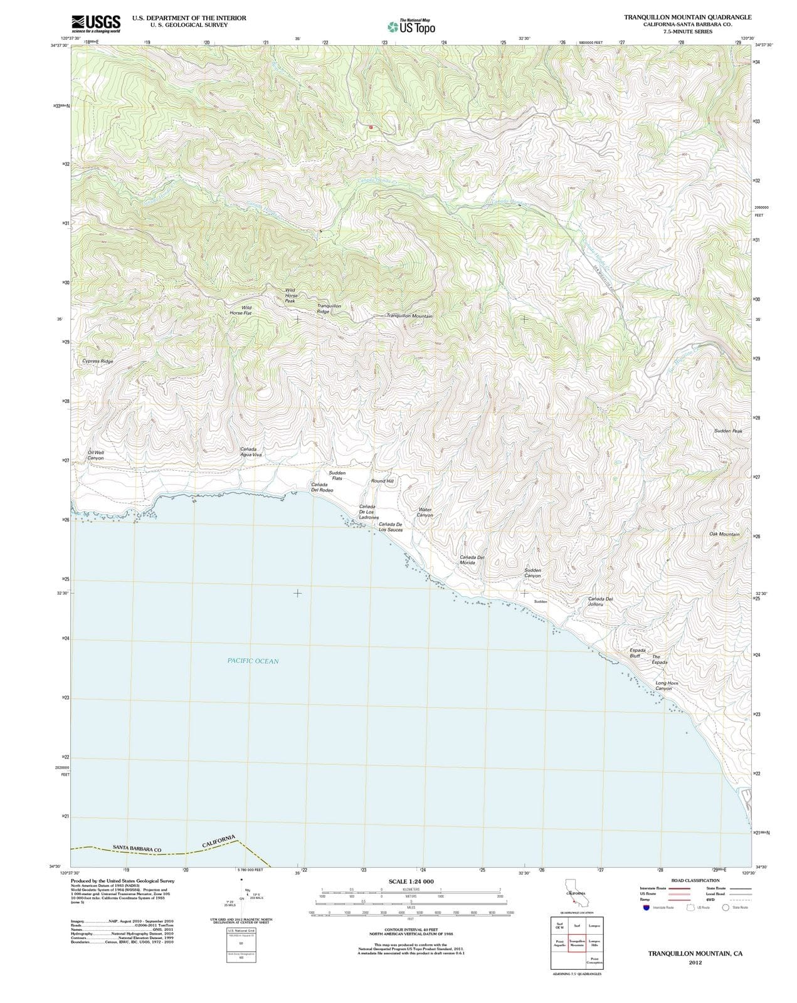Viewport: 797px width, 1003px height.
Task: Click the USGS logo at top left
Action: coord(96,23)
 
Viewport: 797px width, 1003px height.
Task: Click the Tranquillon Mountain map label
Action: coord(409,316)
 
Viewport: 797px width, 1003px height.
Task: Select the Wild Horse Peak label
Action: coord(290,296)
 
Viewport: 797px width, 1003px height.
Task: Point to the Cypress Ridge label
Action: coord(98,362)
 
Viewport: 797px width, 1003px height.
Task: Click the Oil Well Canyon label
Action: coord(96,455)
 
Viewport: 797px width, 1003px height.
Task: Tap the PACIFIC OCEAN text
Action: coord(253,661)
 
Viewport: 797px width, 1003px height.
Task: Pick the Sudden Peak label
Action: coord(728,431)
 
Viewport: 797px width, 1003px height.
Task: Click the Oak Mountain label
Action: coord(724,534)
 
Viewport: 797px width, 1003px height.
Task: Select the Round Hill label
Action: coord(382,481)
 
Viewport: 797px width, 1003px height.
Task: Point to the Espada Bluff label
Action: coord(638,653)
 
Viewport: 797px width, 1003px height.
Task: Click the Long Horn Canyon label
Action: coord(666,686)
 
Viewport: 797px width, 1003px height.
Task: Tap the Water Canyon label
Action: coord(425,512)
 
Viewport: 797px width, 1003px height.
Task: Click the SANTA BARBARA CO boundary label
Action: coord(137,848)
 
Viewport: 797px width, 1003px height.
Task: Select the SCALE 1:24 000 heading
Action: coord(411,881)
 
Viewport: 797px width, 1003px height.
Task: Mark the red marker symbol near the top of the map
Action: coord(371,126)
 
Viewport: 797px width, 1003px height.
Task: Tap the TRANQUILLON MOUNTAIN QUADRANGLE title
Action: coord(687,17)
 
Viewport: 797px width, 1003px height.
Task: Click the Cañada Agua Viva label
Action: coord(251,452)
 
